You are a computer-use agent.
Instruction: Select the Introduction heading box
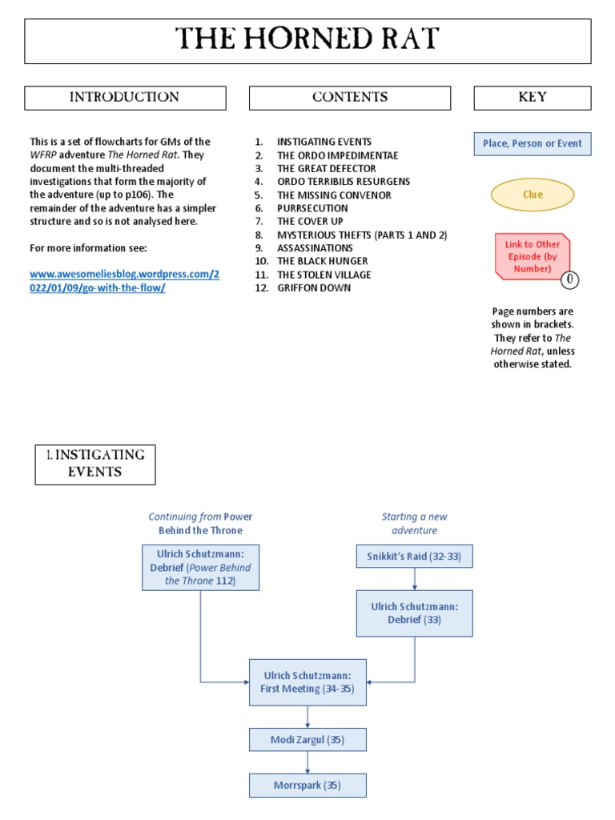click(125, 98)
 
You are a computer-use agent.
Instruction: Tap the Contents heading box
click(350, 98)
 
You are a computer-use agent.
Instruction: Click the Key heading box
click(533, 98)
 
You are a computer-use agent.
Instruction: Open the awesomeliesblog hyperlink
click(123, 281)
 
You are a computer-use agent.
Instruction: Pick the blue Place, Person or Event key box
click(533, 144)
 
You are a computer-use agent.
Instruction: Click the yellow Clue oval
click(533, 195)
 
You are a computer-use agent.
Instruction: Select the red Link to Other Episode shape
click(533, 256)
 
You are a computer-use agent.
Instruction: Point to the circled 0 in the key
click(569, 279)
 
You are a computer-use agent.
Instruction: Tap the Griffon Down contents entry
click(314, 287)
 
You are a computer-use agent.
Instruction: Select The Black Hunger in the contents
click(323, 261)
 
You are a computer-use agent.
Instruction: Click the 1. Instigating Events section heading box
click(95, 464)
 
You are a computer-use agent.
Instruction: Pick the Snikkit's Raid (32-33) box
click(414, 556)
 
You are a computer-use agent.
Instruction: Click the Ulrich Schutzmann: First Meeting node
click(307, 682)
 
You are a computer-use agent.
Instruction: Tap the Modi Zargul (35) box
click(307, 740)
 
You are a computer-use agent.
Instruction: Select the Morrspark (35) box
click(307, 786)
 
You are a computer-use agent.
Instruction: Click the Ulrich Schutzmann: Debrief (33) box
click(414, 613)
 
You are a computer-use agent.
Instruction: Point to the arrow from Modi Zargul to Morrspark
click(307, 762)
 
